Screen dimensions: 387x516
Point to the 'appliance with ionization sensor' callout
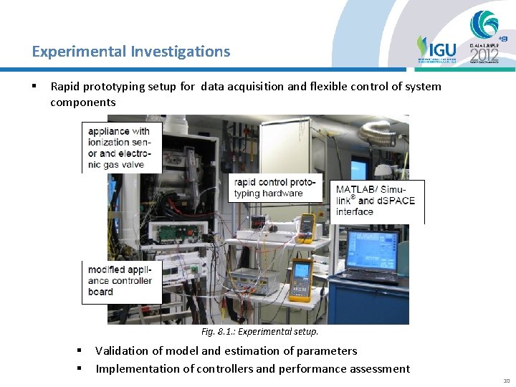point(121,148)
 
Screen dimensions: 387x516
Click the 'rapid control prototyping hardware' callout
point(275,187)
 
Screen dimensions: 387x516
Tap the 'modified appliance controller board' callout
point(121,281)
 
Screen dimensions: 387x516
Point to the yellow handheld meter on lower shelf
point(300,280)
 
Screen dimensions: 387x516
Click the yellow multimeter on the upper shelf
point(307,224)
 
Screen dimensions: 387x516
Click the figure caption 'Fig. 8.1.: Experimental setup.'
point(259,332)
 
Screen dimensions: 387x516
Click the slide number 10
point(507,381)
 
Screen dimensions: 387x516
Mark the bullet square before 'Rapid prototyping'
point(34,87)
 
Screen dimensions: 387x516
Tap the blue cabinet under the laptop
point(377,301)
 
